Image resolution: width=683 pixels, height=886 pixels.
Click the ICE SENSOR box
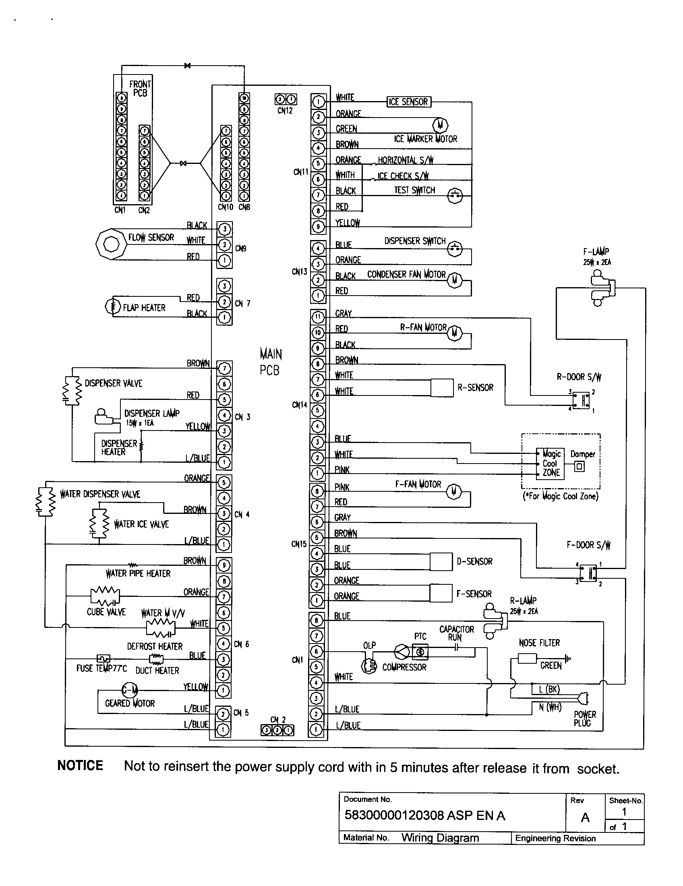[408, 101]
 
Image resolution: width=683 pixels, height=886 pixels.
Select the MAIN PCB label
[271, 362]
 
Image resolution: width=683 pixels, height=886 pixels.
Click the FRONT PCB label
[140, 89]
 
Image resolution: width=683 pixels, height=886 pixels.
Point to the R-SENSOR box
[441, 387]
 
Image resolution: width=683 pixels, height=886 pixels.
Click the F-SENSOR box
[441, 593]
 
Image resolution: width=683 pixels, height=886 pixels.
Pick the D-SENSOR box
[441, 561]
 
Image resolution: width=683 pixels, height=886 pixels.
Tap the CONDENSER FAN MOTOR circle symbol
[455, 280]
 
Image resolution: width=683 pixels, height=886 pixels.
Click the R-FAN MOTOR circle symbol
[455, 333]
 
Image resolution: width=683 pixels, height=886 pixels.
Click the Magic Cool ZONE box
[551, 464]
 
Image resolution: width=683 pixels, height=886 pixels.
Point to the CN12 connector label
[285, 111]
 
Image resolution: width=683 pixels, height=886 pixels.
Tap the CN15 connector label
[299, 544]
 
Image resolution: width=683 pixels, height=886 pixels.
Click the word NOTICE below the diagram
[80, 766]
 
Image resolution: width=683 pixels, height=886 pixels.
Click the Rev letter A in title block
[585, 818]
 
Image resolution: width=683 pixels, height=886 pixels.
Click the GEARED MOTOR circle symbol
[130, 689]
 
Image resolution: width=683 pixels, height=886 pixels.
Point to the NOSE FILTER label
[539, 643]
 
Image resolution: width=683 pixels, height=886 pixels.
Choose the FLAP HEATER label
[145, 308]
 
